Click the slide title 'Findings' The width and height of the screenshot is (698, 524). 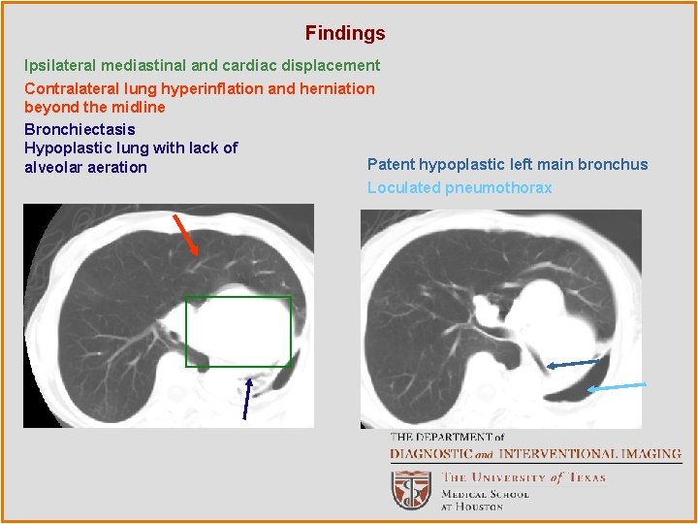tap(345, 33)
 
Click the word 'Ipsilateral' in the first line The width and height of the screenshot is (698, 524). tap(60, 66)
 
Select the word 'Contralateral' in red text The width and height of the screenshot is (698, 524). tap(71, 88)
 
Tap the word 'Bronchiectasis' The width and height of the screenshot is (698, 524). tap(79, 129)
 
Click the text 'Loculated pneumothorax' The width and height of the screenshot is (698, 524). tap(460, 187)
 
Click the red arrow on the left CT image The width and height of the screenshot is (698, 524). tap(187, 235)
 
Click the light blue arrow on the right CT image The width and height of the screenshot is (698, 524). tap(617, 386)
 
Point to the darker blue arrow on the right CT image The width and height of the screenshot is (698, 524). tap(573, 364)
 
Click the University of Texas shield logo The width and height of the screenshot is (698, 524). tap(411, 489)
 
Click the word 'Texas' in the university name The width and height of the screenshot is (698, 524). tap(587, 477)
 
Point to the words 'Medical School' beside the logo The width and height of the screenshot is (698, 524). tap(486, 494)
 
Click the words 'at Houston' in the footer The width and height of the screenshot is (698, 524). tap(472, 507)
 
